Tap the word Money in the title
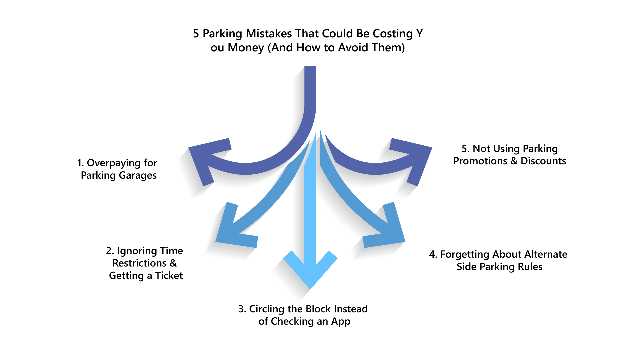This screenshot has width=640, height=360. (x=246, y=48)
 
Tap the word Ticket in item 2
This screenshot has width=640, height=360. (x=169, y=276)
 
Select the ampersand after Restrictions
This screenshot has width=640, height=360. (x=173, y=263)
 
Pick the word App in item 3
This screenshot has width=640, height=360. (x=340, y=321)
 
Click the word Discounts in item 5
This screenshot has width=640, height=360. (x=543, y=161)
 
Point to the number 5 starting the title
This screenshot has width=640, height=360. (x=196, y=34)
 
